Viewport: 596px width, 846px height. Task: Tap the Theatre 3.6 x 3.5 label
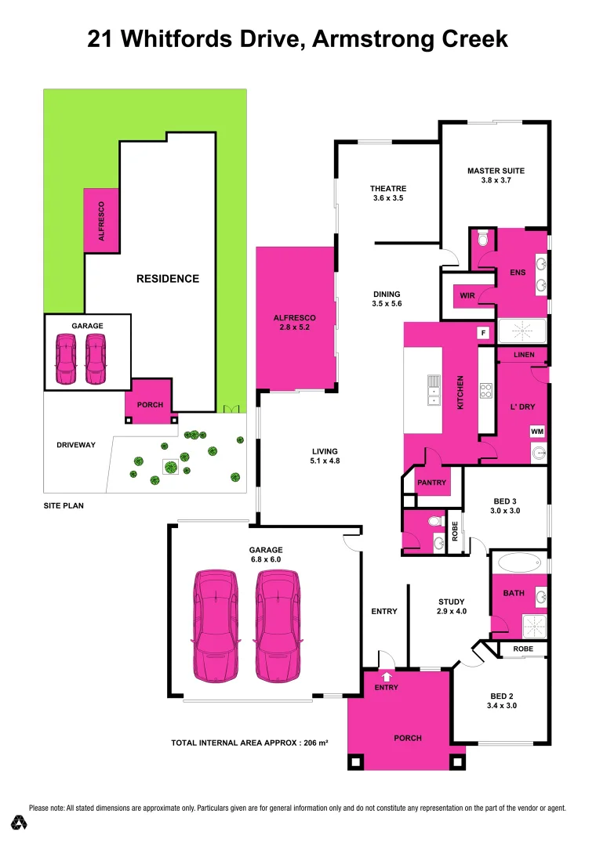[x=388, y=193]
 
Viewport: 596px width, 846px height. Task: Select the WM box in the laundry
[x=537, y=432]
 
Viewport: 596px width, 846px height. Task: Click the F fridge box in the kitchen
[x=484, y=333]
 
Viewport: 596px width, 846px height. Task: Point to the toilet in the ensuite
[x=483, y=238]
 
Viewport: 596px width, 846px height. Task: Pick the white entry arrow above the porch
[x=386, y=676]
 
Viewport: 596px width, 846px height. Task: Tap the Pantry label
[x=431, y=483]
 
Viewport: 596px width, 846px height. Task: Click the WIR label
[x=467, y=296]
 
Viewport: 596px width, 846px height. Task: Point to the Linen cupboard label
[x=524, y=355]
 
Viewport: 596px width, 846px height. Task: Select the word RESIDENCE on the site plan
[x=168, y=278]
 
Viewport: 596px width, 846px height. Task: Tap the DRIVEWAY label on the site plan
[x=76, y=445]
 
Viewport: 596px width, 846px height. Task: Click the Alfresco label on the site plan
[x=101, y=221]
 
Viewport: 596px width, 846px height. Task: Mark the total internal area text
[x=249, y=743]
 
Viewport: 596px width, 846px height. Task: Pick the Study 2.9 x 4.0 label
[x=452, y=606]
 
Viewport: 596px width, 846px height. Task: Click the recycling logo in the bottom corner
[x=20, y=822]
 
